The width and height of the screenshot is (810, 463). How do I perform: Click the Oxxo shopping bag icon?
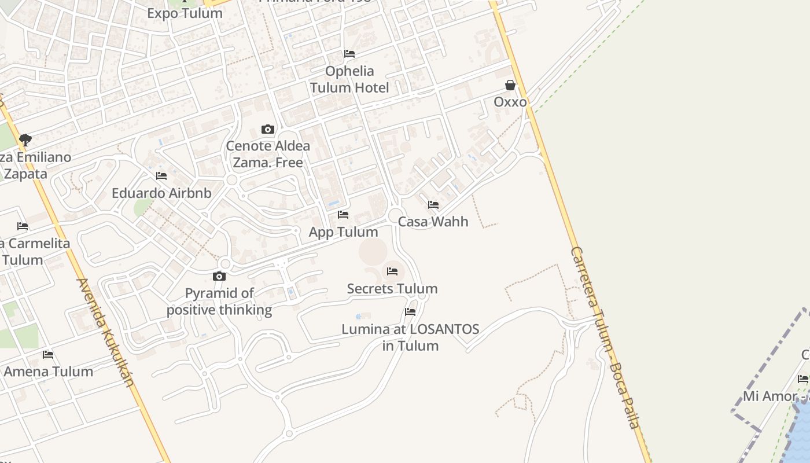pyautogui.click(x=510, y=86)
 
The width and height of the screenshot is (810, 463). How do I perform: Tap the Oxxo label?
pyautogui.click(x=510, y=102)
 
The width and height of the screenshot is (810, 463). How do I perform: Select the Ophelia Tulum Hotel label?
pyautogui.click(x=349, y=79)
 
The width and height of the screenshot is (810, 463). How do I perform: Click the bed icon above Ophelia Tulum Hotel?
pyautogui.click(x=349, y=54)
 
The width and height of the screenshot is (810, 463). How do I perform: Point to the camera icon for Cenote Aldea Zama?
pyautogui.click(x=267, y=129)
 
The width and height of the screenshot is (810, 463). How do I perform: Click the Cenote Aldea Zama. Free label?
pyautogui.click(x=268, y=154)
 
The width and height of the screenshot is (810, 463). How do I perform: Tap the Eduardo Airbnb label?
pyautogui.click(x=161, y=193)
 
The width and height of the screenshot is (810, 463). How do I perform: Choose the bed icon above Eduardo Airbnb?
pyautogui.click(x=161, y=176)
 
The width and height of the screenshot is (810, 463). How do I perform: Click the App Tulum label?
pyautogui.click(x=343, y=232)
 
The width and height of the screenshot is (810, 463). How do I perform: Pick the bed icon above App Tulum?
pyautogui.click(x=343, y=215)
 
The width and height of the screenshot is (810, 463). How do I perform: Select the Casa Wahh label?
pyautogui.click(x=433, y=222)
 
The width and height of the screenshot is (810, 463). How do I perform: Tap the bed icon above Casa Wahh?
pyautogui.click(x=433, y=205)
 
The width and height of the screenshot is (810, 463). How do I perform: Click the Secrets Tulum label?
pyautogui.click(x=392, y=288)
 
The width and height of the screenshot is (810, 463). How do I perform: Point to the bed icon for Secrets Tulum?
pyautogui.click(x=392, y=271)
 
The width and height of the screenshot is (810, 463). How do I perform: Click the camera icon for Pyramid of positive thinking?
pyautogui.click(x=219, y=277)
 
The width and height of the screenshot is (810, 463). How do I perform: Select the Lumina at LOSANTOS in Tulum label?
pyautogui.click(x=410, y=337)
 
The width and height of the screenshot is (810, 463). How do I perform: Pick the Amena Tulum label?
pyautogui.click(x=49, y=372)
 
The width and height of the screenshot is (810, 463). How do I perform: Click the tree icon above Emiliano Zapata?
pyautogui.click(x=25, y=139)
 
